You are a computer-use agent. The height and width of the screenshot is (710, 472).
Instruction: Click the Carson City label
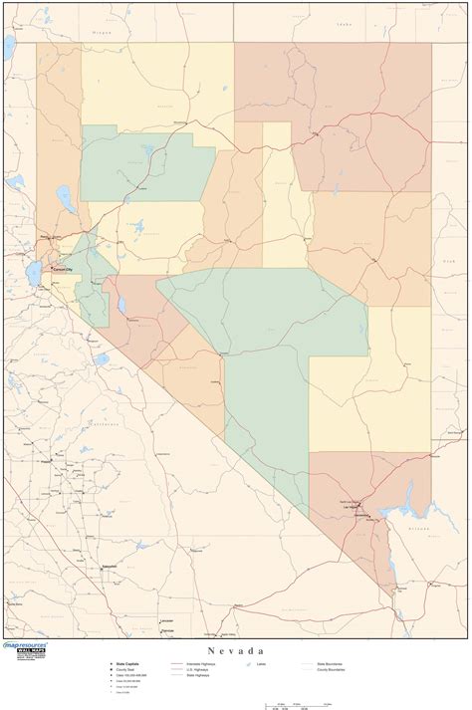pyautogui.click(x=63, y=269)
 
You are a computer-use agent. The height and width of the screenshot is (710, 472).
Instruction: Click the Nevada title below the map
pyautogui.click(x=235, y=649)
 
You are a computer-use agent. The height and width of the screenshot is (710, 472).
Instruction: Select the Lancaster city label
pyautogui.click(x=165, y=620)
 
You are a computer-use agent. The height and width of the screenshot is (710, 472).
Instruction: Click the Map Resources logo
pyautogui.click(x=27, y=648)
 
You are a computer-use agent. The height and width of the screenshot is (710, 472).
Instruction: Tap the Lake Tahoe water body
pyautogui.click(x=36, y=272)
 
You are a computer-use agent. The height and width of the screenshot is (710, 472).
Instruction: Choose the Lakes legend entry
pyautogui.click(x=262, y=662)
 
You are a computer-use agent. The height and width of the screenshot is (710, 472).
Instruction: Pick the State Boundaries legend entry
pyautogui.click(x=330, y=662)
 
